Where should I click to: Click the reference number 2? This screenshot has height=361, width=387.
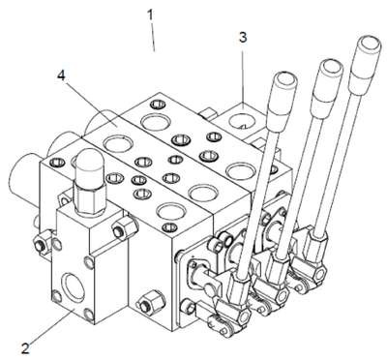pyautogui.click(x=26, y=349)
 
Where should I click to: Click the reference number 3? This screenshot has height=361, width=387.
pyautogui.click(x=243, y=38)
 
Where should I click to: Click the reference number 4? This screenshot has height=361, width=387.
pyautogui.click(x=61, y=75)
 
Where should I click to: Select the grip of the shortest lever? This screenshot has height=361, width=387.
pyautogui.click(x=283, y=97)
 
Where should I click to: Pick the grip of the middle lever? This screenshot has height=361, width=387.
pyautogui.click(x=327, y=86)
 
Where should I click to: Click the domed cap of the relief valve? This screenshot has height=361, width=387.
pyautogui.click(x=88, y=167)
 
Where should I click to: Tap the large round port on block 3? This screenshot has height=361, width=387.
pyautogui.click(x=243, y=122)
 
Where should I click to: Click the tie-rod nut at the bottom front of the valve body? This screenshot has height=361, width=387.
pyautogui.click(x=150, y=302)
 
